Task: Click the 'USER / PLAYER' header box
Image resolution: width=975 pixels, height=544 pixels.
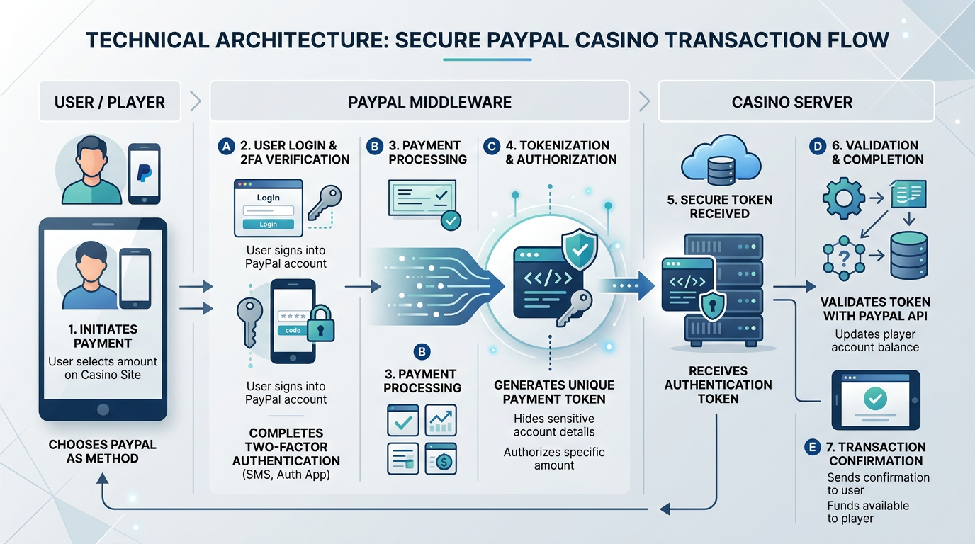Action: (x=110, y=102)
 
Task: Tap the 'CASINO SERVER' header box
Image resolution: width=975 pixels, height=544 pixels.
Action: (x=791, y=102)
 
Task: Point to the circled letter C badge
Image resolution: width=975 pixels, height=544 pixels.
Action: (x=491, y=147)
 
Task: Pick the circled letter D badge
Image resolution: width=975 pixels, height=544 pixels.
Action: (x=818, y=147)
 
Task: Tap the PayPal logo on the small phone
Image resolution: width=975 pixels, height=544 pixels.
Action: (x=145, y=172)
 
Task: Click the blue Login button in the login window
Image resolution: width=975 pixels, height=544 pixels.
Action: (x=268, y=224)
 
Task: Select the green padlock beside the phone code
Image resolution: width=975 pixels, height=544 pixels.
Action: (x=321, y=324)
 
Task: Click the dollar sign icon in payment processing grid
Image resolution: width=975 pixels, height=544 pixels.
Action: (x=441, y=459)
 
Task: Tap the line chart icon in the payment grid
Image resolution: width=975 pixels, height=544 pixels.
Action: (x=441, y=420)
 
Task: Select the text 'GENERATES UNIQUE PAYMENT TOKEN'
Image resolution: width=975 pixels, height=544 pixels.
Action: (x=554, y=392)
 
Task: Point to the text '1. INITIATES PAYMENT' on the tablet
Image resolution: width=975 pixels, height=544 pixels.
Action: (x=102, y=336)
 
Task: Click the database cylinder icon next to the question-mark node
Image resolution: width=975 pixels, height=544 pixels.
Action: (x=909, y=255)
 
